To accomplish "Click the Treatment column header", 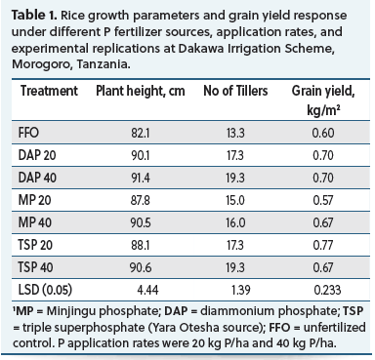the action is (x=49, y=91).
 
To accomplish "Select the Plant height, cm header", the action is (x=141, y=91).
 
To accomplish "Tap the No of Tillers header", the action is (x=235, y=91).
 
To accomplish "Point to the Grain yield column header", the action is (x=323, y=100).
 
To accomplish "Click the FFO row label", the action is (x=28, y=133).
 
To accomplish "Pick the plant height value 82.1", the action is (x=141, y=133).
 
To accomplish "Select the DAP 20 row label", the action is (x=37, y=155).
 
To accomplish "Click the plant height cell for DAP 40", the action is (x=141, y=178).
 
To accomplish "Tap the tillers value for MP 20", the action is (x=235, y=200).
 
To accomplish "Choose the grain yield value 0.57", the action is (x=323, y=200).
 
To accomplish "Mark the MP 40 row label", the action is (x=35, y=222).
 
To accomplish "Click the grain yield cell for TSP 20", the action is (x=323, y=245).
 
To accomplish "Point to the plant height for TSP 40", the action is (x=141, y=267).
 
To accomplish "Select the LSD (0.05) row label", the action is (x=45, y=290).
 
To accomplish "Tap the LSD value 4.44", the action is (x=148, y=290).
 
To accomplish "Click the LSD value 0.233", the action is (x=327, y=290).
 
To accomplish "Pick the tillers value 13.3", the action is (x=235, y=133).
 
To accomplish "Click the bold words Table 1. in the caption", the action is (x=34, y=16).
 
